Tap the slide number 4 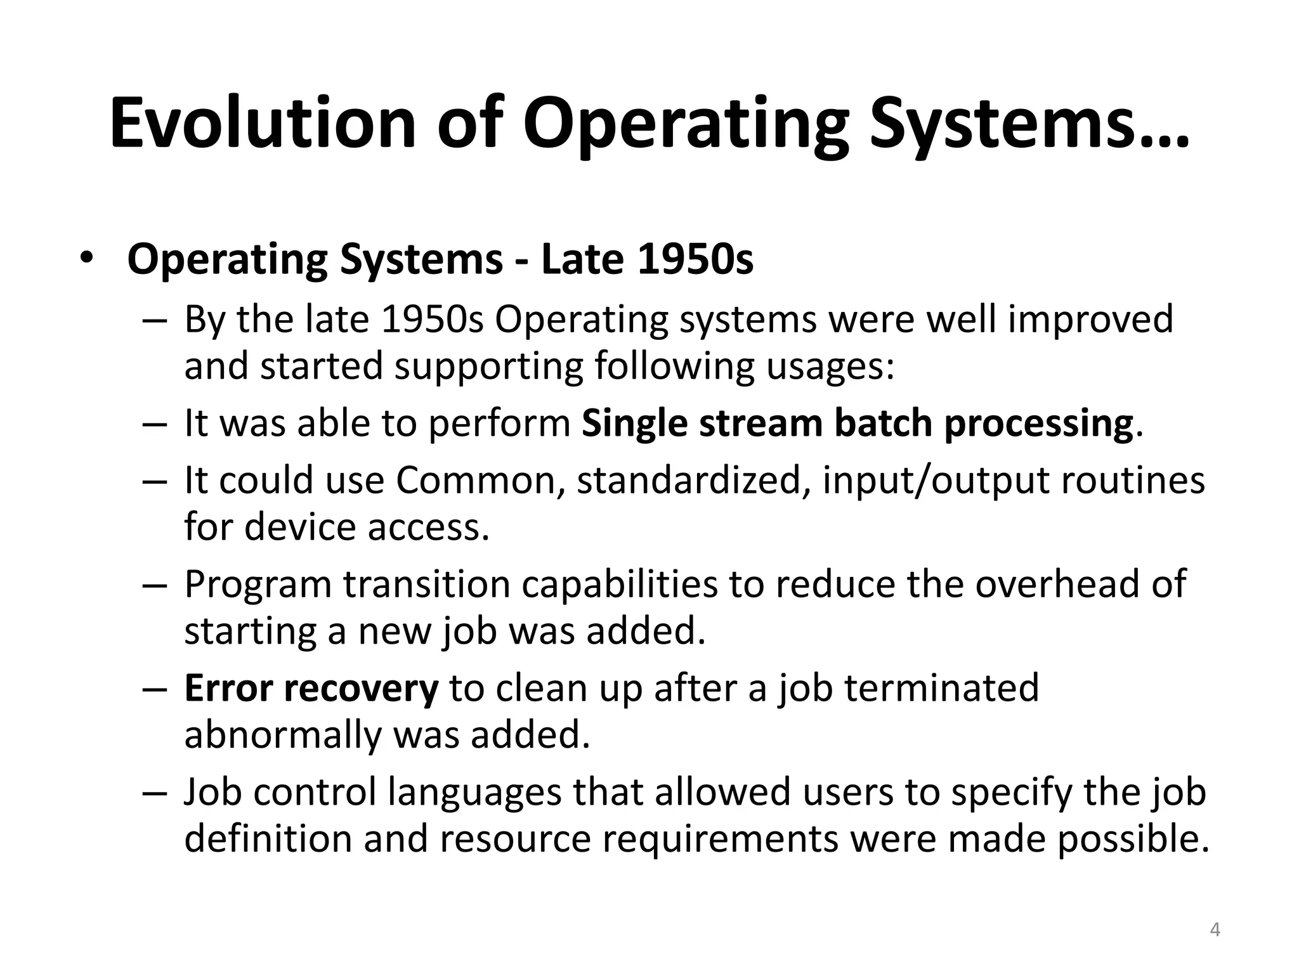pos(1215,930)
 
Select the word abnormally pos(282,736)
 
